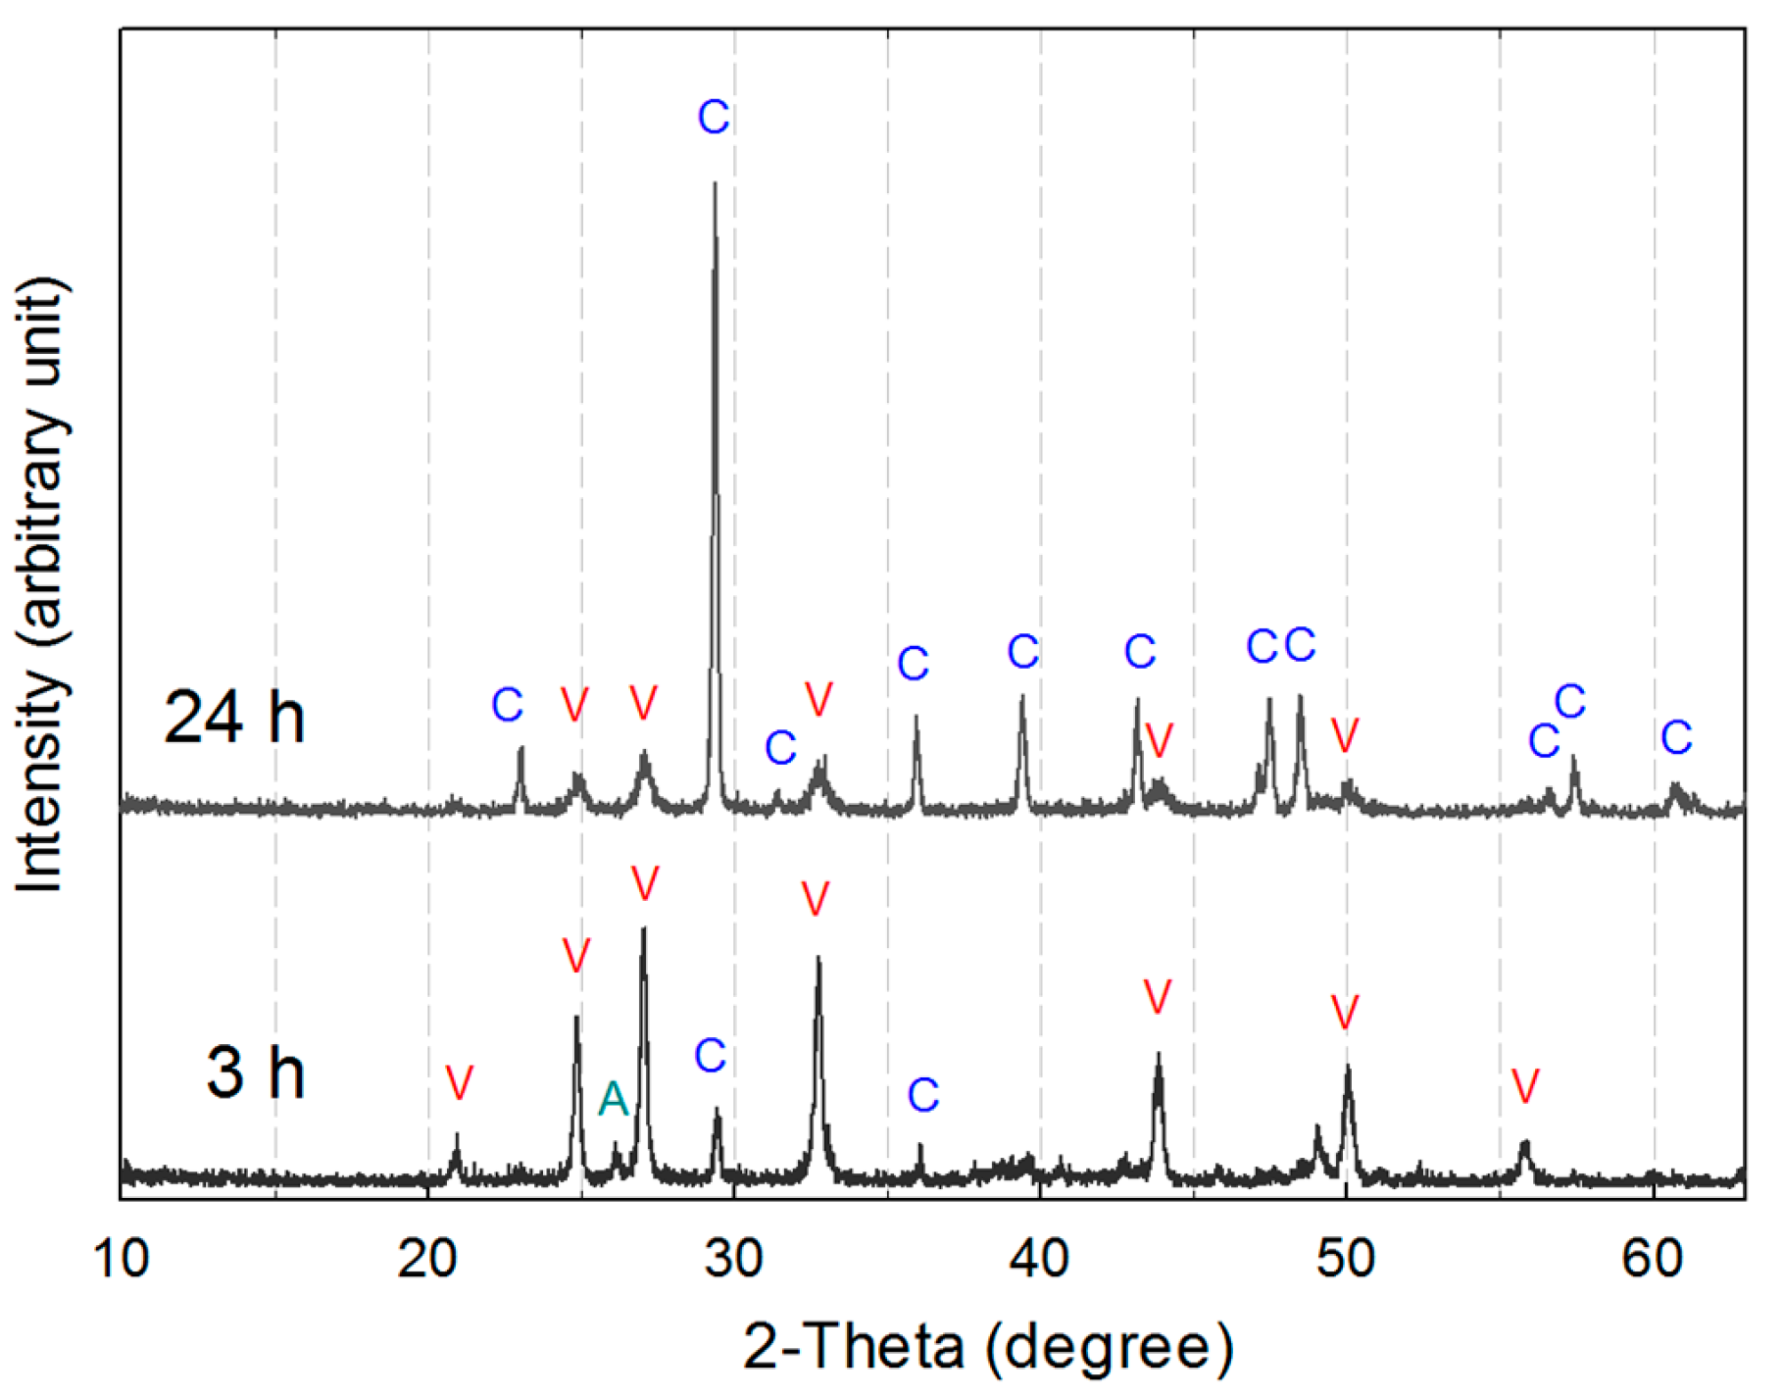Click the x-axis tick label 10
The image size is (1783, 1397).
123,1258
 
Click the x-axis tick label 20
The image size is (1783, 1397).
428,1258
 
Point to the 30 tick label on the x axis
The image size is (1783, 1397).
734,1258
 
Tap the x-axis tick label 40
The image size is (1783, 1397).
1040,1258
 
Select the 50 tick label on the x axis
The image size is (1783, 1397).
1346,1258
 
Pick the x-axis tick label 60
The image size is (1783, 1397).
1653,1258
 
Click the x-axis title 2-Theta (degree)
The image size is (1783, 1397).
988,1346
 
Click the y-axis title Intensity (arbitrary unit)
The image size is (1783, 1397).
41,584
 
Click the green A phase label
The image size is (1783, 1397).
613,1099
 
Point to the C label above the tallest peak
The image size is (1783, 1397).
714,118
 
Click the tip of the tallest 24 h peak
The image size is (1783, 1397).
715,183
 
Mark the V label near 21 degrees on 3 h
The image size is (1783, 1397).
459,1082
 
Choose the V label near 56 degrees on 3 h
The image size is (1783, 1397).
1524,1085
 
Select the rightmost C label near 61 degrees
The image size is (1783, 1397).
1676,737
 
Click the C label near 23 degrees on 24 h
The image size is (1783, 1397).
507,705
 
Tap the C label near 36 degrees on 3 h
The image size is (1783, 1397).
923,1095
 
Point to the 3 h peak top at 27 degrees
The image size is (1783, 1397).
643,928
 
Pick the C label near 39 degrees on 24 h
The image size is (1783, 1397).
1022,652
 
